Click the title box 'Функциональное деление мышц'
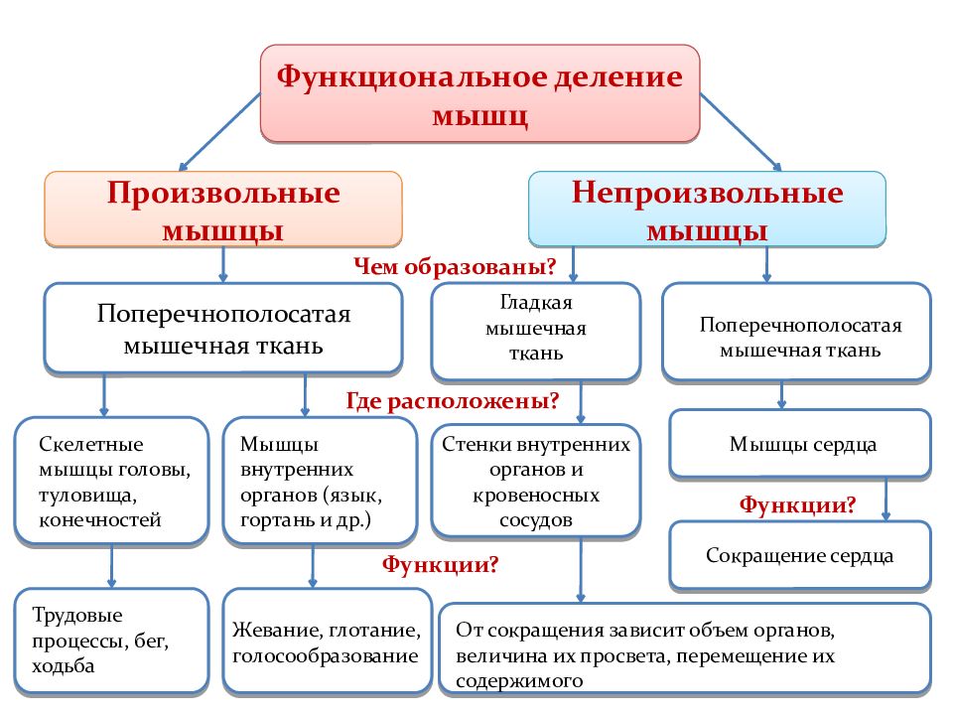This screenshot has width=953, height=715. coord(479,93)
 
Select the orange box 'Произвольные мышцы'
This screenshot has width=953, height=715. coord(223,210)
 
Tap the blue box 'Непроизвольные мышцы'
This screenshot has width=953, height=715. coord(707,210)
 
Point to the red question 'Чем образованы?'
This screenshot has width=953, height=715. coord(455,266)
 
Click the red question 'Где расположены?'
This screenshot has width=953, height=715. coord(453,400)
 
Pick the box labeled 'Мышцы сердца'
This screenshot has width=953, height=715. coord(800,444)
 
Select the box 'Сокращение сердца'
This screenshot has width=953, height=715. coord(800,555)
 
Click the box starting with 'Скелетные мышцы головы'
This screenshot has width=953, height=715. coord(112,481)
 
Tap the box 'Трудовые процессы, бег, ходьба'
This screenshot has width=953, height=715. coord(112,641)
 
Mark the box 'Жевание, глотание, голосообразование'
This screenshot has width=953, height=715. coord(327,642)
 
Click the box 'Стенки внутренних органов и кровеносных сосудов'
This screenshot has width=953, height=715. coord(535,481)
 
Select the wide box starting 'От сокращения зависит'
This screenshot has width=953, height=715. coord(685,648)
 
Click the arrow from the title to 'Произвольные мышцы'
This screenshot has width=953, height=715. coord(220,131)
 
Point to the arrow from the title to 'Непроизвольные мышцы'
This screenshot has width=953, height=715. coord(741,131)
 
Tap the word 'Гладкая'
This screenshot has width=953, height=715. coord(536,302)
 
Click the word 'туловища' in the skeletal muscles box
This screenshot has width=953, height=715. coord(87,496)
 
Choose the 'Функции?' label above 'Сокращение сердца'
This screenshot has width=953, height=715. coord(797,504)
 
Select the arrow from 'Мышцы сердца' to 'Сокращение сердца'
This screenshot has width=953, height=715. coord(886,500)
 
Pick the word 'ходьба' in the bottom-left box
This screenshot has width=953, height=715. coord(64,666)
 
